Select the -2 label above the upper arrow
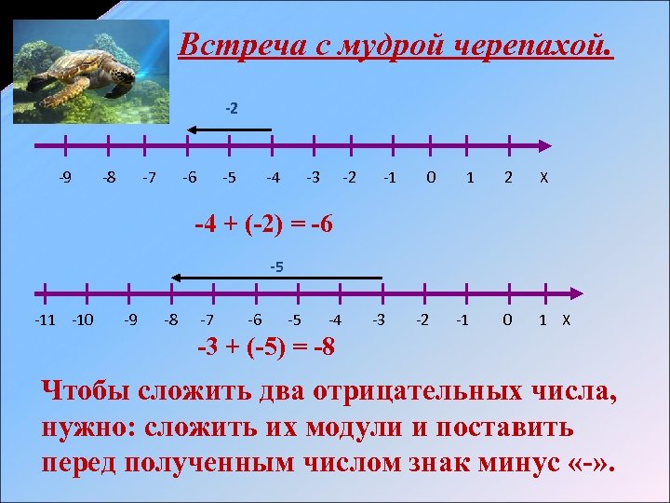tap(232, 108)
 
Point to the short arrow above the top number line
tap(229, 129)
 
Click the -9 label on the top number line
tap(65, 177)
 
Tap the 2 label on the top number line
tap(508, 177)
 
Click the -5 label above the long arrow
tap(276, 267)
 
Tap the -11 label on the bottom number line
tap(45, 320)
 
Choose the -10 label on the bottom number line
tap(83, 320)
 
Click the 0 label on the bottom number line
tap(506, 320)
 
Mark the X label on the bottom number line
tap(565, 320)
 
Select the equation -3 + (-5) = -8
tap(268, 347)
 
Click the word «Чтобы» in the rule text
tap(87, 392)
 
